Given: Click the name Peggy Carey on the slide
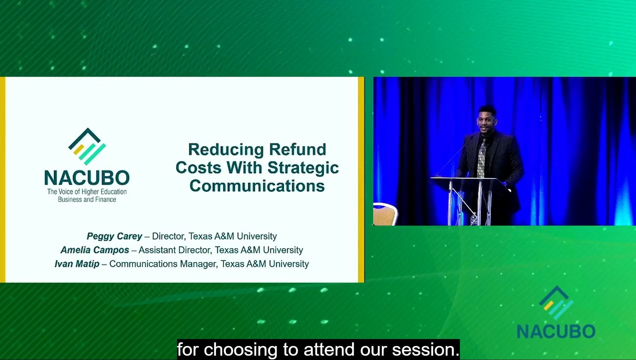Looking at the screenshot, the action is click(x=114, y=236).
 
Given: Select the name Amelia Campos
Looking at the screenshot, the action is click(x=95, y=250).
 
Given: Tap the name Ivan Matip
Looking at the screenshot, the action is click(x=77, y=264).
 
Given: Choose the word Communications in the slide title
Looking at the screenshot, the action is click(x=257, y=186).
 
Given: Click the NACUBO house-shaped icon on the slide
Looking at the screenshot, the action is click(x=87, y=147).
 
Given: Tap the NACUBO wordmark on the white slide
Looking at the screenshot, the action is click(x=87, y=178).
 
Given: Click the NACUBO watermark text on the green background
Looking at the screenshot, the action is click(x=556, y=331).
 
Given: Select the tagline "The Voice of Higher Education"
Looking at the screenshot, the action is click(x=87, y=191).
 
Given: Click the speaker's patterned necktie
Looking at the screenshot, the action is click(x=481, y=159).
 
